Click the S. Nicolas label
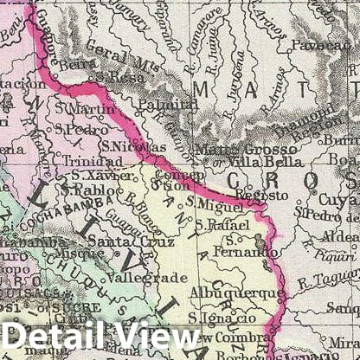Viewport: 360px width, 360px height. click(x=126, y=147)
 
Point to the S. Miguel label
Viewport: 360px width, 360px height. click(x=217, y=205)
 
